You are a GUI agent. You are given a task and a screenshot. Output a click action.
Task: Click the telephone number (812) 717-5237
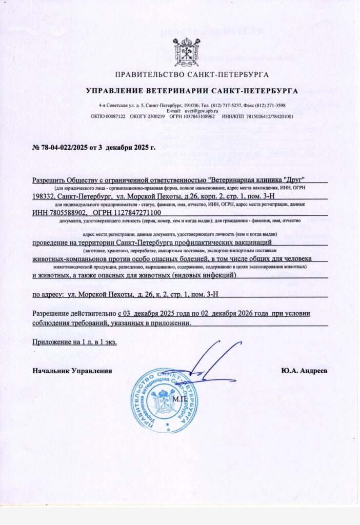226,105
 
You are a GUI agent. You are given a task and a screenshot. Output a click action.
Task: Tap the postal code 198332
44,196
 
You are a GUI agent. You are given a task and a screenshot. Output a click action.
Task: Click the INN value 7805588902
70,212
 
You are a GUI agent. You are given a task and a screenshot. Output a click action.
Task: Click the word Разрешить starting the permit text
50,180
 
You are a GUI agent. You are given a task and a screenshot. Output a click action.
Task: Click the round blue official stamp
164,400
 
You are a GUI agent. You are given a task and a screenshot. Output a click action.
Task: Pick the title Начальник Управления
72,370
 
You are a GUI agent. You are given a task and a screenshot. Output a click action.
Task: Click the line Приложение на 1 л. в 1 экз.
74,342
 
